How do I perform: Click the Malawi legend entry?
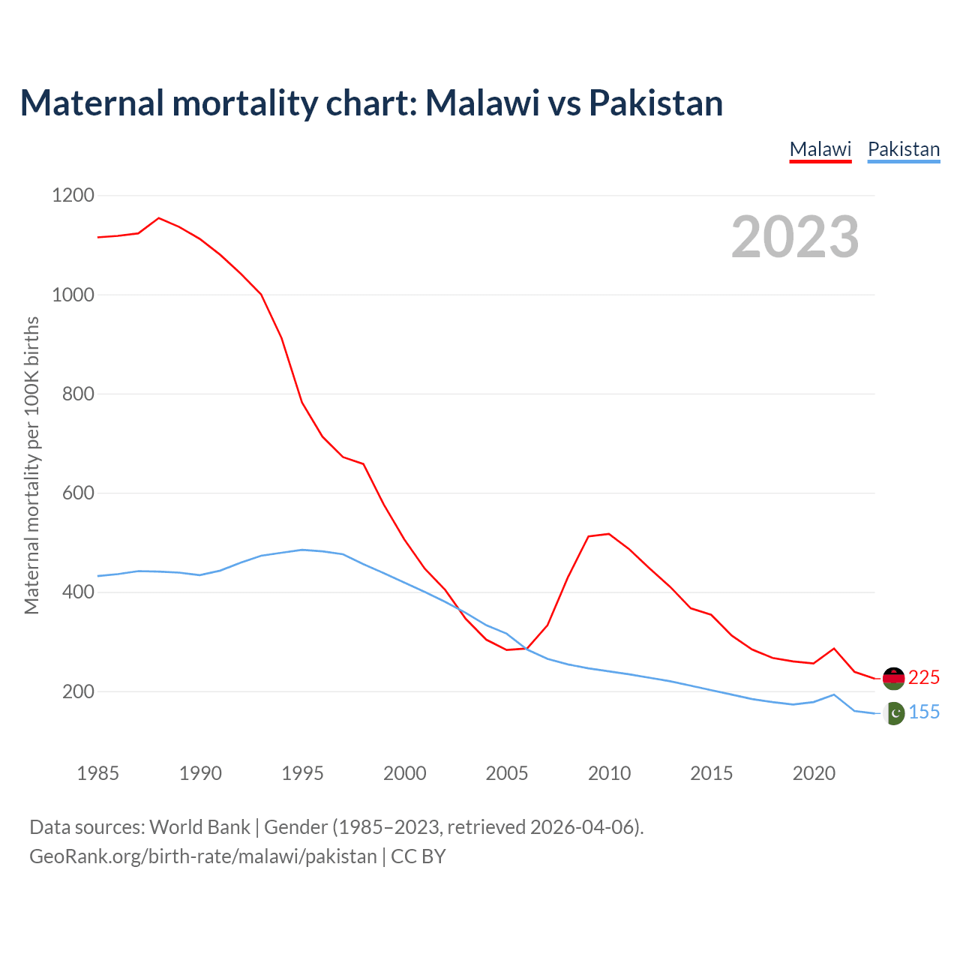point(820,149)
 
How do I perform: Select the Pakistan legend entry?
point(903,149)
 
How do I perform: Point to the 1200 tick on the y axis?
point(73,196)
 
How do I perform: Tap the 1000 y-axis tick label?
point(73,295)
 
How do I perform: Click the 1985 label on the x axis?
point(98,773)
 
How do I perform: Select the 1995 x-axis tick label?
point(302,773)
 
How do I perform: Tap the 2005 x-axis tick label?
point(507,773)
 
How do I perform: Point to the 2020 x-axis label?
point(814,773)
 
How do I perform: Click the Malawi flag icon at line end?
point(894,678)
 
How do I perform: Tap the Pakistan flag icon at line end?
point(894,713)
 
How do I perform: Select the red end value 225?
point(924,678)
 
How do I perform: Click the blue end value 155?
point(924,712)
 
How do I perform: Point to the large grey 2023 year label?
point(795,237)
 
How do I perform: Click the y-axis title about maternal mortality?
point(31,465)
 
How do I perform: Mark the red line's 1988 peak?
point(159,218)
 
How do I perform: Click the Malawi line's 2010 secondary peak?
point(609,534)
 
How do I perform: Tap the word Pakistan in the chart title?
point(655,103)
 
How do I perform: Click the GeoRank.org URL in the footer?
point(203,856)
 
